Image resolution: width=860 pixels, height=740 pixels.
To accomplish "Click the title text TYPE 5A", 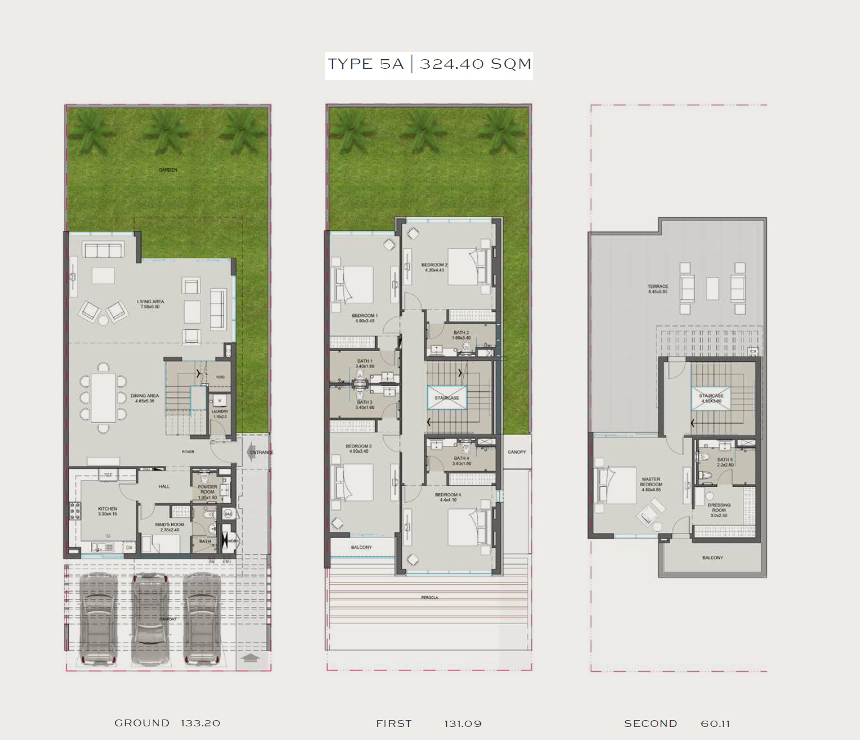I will pyautogui.click(x=365, y=64).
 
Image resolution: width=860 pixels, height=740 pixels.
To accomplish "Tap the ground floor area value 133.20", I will pyautogui.click(x=200, y=723).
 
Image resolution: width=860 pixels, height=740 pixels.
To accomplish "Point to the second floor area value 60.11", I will pyautogui.click(x=714, y=724).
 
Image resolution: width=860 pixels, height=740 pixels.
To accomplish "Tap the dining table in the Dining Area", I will pyautogui.click(x=103, y=398).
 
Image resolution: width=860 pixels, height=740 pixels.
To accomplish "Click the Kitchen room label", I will pyautogui.click(x=107, y=509).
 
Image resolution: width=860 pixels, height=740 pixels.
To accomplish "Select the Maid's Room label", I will pyautogui.click(x=169, y=524).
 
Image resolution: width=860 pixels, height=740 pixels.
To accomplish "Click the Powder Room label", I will pyautogui.click(x=207, y=490).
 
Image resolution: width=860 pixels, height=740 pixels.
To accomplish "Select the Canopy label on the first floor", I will pyautogui.click(x=517, y=452).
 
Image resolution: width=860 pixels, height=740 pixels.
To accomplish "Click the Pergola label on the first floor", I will pyautogui.click(x=429, y=598).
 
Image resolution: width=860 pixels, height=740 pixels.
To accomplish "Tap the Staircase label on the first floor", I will pyautogui.click(x=447, y=398).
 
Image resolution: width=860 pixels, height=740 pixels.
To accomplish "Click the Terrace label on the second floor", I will pyautogui.click(x=658, y=287).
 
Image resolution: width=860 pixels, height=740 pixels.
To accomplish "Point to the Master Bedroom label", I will pyautogui.click(x=651, y=482).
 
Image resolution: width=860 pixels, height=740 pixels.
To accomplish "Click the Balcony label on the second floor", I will pyautogui.click(x=712, y=558).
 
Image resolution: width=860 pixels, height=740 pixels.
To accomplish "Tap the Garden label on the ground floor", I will pyautogui.click(x=168, y=170).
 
